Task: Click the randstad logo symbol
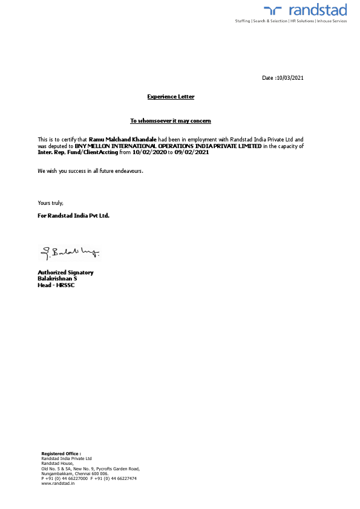tap(273, 10)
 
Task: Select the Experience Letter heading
tap(171, 97)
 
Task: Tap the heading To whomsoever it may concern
tap(171, 121)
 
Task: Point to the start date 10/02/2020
tap(149, 152)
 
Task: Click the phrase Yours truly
tap(51, 203)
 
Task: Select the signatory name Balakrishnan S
tap(57, 279)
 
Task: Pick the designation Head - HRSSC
tap(56, 285)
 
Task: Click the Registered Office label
tap(61, 453)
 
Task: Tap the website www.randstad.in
tap(58, 484)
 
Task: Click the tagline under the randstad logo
tap(291, 21)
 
